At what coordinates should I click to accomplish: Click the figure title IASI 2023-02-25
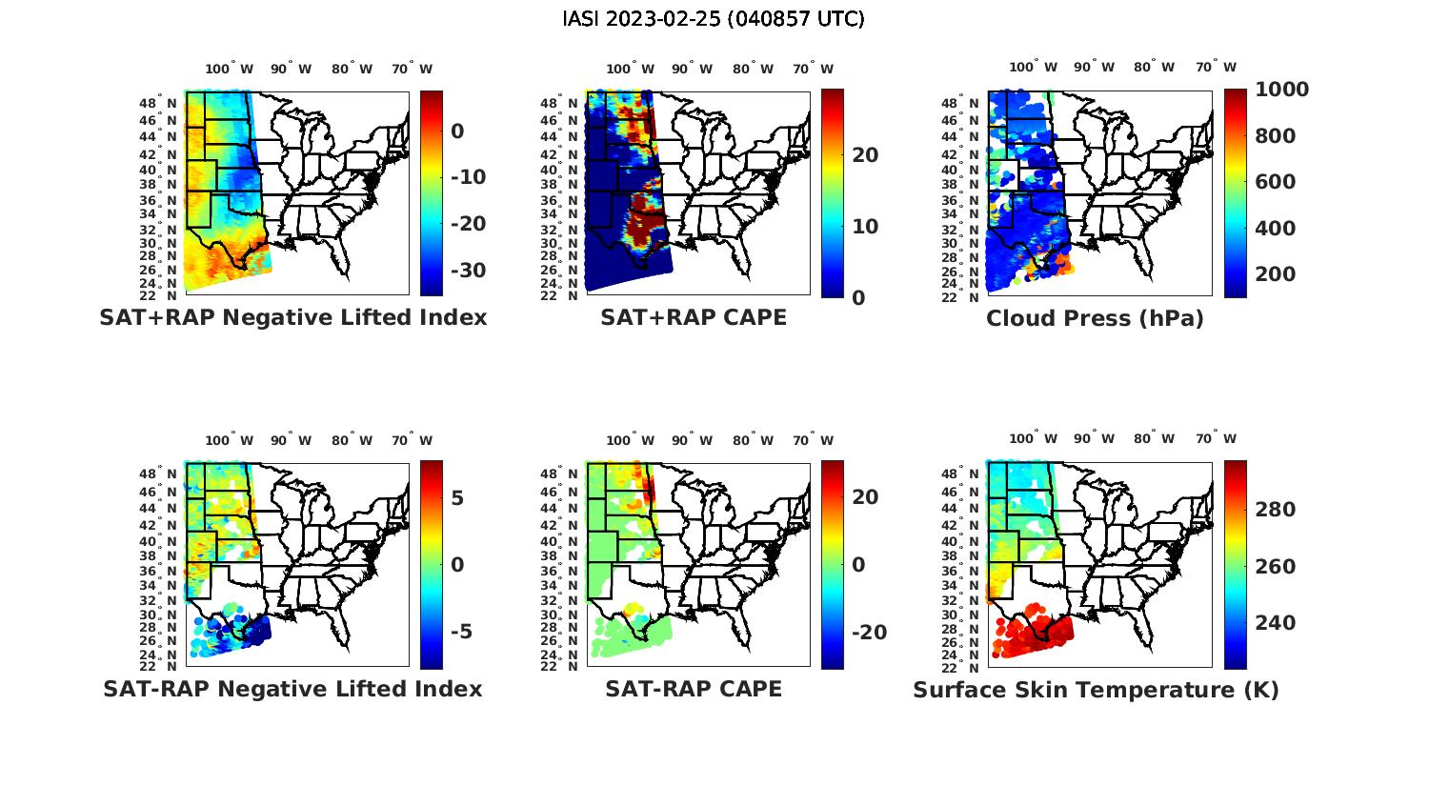[714, 19]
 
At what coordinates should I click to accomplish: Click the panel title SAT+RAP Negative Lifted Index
[293, 318]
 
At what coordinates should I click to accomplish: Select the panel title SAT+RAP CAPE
[694, 318]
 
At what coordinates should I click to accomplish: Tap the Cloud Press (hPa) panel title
[1095, 318]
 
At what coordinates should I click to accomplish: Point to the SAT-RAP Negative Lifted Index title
[293, 689]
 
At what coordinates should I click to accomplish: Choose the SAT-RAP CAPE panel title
[694, 689]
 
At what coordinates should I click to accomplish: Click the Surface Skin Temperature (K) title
[1096, 690]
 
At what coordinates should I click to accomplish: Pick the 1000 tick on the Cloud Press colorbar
[1281, 90]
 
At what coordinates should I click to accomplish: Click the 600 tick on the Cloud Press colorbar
[1276, 182]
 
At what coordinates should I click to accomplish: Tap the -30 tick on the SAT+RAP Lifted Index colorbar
[467, 271]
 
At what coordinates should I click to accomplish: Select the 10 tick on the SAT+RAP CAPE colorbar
[865, 227]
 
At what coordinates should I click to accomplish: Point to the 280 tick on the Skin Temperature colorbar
[1276, 510]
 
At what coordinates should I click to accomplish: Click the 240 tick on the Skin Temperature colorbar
[1276, 623]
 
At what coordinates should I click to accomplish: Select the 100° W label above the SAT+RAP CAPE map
[631, 69]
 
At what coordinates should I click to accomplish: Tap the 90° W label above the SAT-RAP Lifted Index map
[291, 440]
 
